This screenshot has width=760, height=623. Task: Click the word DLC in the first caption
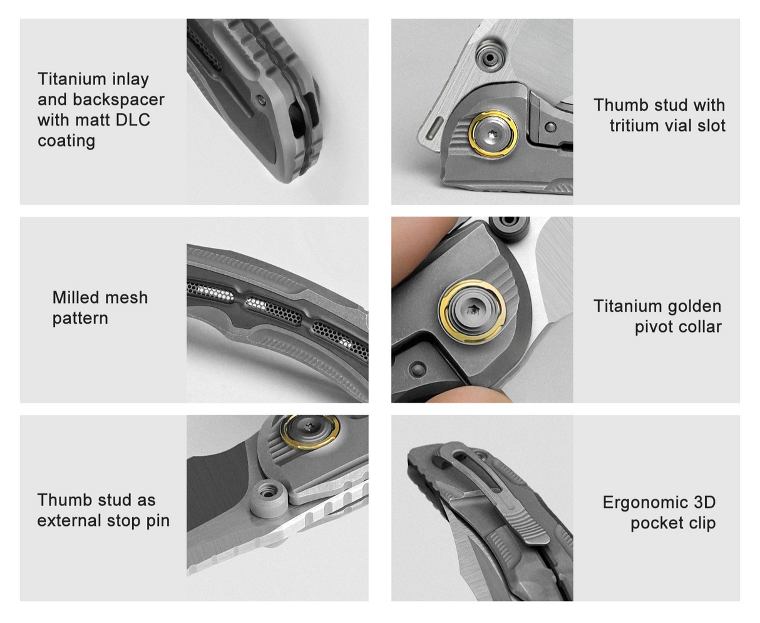pos(132,120)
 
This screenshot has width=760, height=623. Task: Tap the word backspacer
pos(119,99)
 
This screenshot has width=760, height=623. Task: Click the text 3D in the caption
pos(705,502)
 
